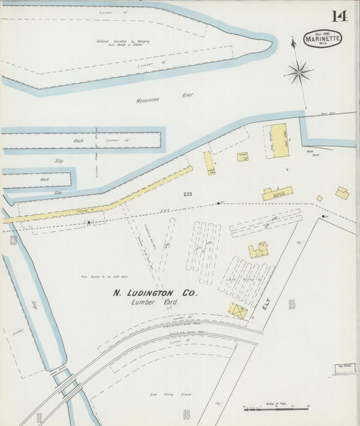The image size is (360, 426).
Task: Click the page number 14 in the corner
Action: pyautogui.click(x=339, y=16)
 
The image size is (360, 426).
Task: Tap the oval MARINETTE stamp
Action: pyautogui.click(x=322, y=38)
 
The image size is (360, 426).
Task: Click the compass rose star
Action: pyautogui.click(x=298, y=71)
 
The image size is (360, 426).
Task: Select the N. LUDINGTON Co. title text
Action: pyautogui.click(x=154, y=293)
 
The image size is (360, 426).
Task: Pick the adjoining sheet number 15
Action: pyautogui.click(x=292, y=304)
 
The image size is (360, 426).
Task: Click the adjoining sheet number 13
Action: pyautogui.click(x=13, y=240)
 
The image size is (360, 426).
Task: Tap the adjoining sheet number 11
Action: pyautogui.click(x=39, y=417)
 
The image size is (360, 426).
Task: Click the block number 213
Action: pyautogui.click(x=187, y=194)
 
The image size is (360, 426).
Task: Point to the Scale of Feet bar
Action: pyautogui.click(x=276, y=408)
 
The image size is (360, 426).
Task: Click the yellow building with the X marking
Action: pyautogui.click(x=238, y=311)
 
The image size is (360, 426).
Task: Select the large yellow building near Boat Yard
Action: pyautogui.click(x=280, y=141)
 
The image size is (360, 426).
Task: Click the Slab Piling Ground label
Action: pyautogui.click(x=161, y=394)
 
